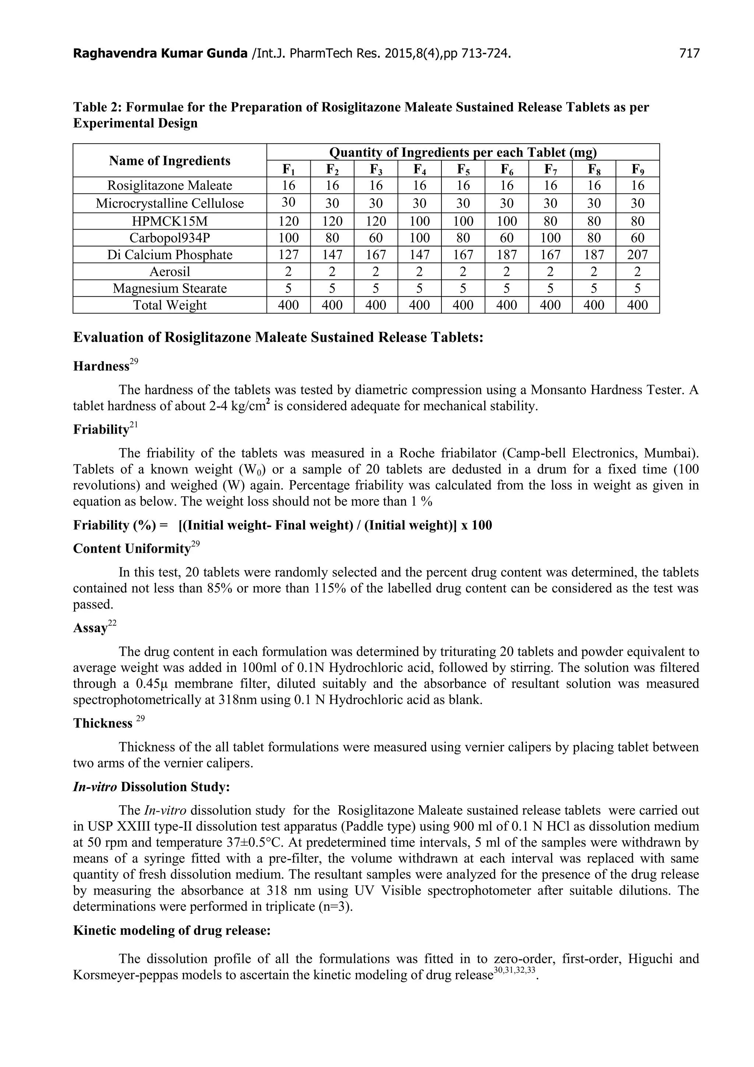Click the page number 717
pos(689,54)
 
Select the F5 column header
pos(463,169)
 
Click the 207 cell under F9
pos(637,255)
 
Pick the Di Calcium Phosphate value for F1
pos(288,255)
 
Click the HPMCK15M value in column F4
pos(420,221)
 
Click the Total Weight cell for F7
pos(550,305)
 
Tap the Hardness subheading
pos(102,366)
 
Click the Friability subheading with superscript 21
pos(101,429)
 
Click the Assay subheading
pos(91,628)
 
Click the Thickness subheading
pos(103,723)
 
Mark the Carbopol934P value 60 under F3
pos(376,238)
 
